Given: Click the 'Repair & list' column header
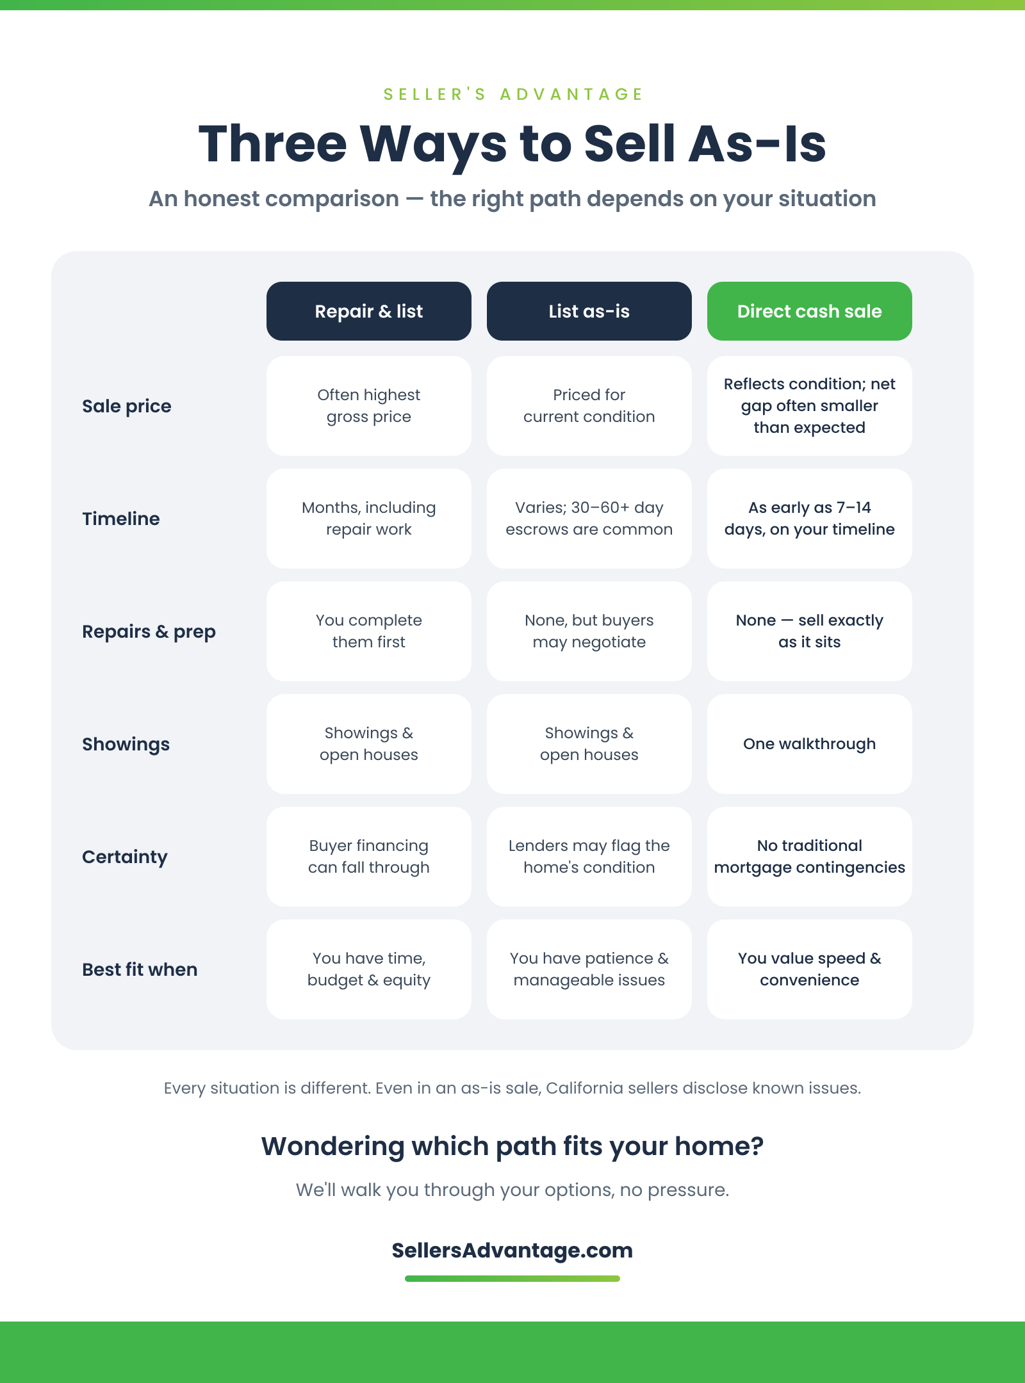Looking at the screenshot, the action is pyautogui.click(x=369, y=311).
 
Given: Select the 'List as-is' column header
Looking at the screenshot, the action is pyautogui.click(x=589, y=311).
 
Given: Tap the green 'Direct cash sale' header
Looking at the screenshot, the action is pyautogui.click(x=810, y=311).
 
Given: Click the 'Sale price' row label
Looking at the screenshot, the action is pyautogui.click(x=127, y=406).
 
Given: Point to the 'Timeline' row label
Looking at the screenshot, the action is pyautogui.click(x=121, y=519).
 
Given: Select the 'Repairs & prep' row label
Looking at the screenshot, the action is pyautogui.click(x=149, y=632).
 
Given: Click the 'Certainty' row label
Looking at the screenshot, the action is pyautogui.click(x=125, y=857).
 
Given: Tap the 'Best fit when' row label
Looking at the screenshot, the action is pyautogui.click(x=140, y=969).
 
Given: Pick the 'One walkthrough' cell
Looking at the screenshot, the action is pyautogui.click(x=810, y=744).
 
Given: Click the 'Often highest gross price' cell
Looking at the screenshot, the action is pyautogui.click(x=369, y=406).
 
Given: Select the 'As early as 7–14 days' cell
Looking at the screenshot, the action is pyautogui.click(x=810, y=519).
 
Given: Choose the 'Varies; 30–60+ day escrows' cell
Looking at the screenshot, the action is pyautogui.click(x=589, y=519).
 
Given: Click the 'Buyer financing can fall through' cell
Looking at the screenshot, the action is pyautogui.click(x=369, y=857).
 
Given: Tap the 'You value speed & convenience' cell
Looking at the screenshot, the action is pyautogui.click(x=810, y=969).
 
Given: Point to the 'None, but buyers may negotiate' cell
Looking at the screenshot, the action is pyautogui.click(x=589, y=631).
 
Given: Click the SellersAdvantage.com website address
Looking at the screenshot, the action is pyautogui.click(x=512, y=1250).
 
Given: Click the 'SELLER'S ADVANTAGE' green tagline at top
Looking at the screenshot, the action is pyautogui.click(x=512, y=94).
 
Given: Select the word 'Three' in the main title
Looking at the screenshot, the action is pyautogui.click(x=273, y=143).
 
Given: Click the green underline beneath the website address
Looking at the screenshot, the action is pyautogui.click(x=512, y=1279).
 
